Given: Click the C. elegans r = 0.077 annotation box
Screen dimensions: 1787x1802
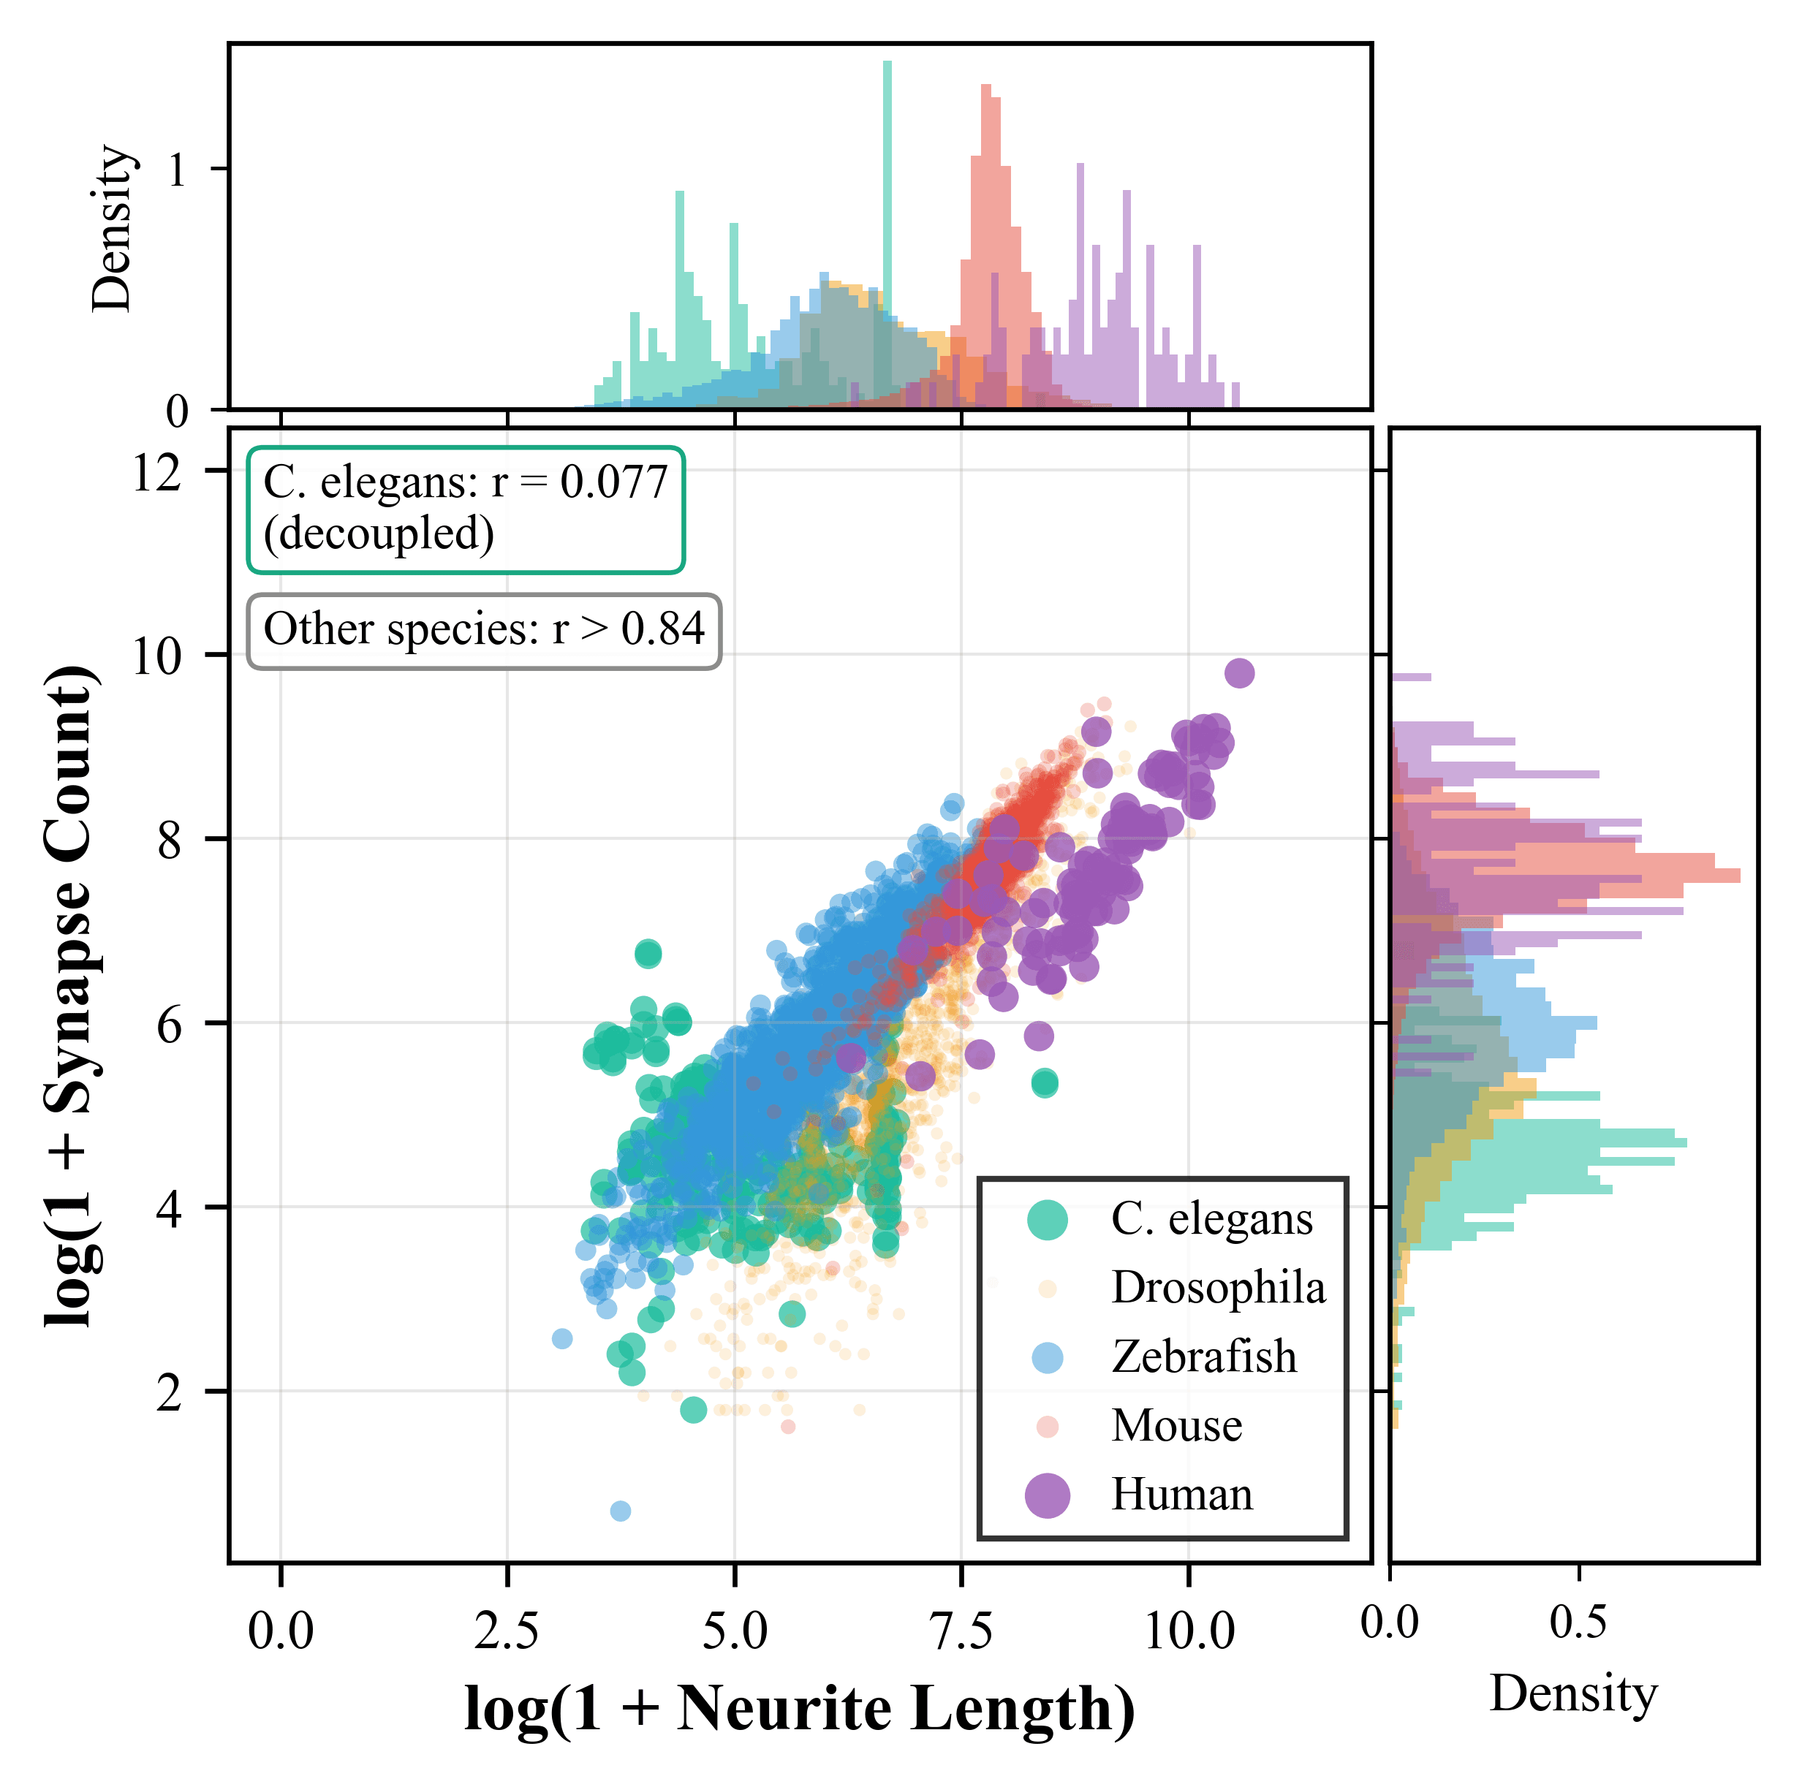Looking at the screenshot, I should [466, 509].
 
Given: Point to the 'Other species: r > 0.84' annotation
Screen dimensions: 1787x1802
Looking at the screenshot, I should [484, 631].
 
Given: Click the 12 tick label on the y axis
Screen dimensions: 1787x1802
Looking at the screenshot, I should [156, 474].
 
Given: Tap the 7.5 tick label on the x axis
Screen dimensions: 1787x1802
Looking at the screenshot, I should [961, 1632].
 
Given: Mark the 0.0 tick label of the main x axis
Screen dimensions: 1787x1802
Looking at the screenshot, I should [281, 1632].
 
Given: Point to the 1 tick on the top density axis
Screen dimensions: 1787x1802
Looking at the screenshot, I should [177, 171].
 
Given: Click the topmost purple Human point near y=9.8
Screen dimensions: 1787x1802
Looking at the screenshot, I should [1238, 673].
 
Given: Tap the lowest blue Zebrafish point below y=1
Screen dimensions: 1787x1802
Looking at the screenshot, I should [620, 1511].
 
